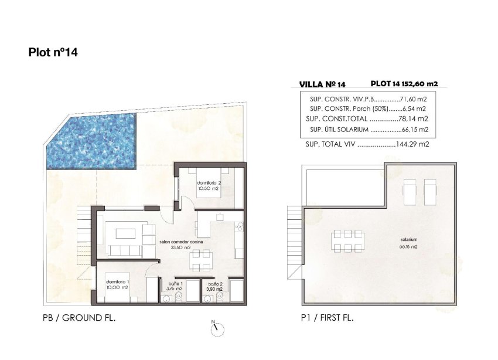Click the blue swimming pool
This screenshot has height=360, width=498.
tap(92, 141)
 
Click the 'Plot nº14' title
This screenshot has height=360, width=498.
tap(53, 52)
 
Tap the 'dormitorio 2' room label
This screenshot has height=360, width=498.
tap(209, 183)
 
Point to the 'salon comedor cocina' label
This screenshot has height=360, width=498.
tap(181, 242)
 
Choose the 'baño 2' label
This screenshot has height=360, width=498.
tap(216, 284)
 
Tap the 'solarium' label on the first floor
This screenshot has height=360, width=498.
tap(409, 240)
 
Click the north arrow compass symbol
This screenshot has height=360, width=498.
tap(217, 328)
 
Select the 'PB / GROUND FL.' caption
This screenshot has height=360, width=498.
tap(79, 318)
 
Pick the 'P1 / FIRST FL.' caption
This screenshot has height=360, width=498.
tap(328, 318)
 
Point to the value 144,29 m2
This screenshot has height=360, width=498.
tap(412, 144)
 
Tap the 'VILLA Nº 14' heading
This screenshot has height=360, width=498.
tap(322, 84)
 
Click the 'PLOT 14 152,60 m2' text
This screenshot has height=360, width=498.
tap(404, 84)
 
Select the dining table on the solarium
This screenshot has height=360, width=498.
tap(348, 241)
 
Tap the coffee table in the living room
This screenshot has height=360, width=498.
tap(125, 233)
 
